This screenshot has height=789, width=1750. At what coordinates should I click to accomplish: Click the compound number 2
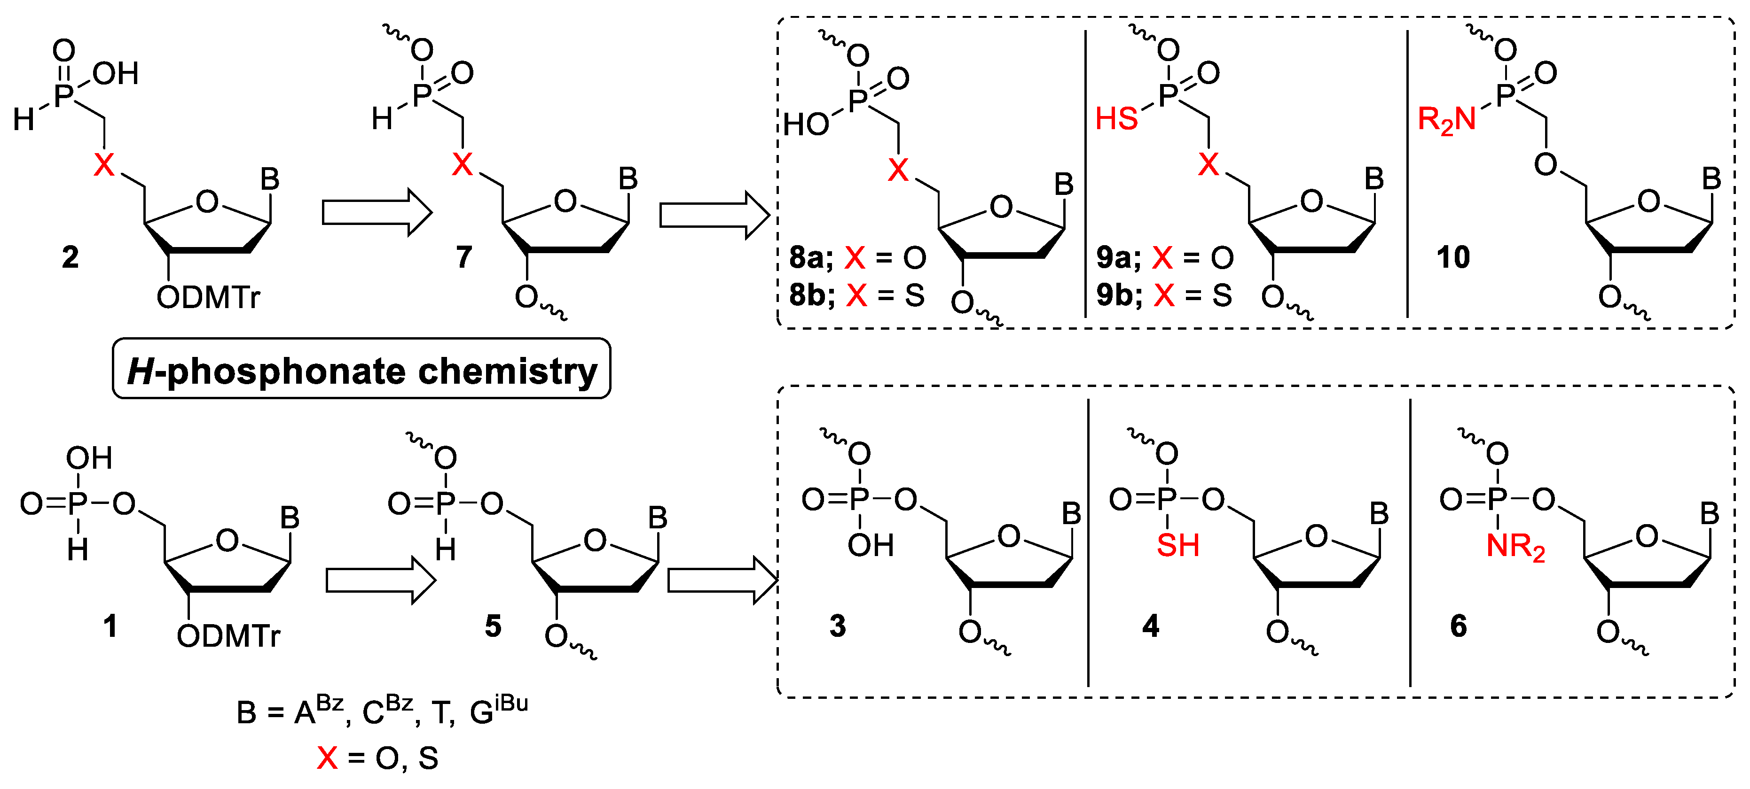[70, 257]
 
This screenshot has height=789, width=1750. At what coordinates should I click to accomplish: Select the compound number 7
[464, 257]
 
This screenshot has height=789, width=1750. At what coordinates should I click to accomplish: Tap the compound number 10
[1453, 257]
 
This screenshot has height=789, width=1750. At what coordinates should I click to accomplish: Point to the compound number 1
[110, 626]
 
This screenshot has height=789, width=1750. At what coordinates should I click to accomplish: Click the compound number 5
[493, 626]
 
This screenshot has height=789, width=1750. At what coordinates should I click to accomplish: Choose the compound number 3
[838, 626]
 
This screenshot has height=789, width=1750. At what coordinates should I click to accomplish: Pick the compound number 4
[1150, 626]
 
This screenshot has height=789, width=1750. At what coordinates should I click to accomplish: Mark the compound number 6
[1459, 626]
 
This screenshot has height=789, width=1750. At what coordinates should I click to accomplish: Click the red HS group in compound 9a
[1116, 119]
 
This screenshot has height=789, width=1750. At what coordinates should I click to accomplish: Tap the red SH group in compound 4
[1178, 546]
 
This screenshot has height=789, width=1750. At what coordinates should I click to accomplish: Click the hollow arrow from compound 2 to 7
[377, 213]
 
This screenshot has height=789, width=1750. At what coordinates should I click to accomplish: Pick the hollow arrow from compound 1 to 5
[380, 579]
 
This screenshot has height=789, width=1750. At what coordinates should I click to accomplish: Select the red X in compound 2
[104, 164]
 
